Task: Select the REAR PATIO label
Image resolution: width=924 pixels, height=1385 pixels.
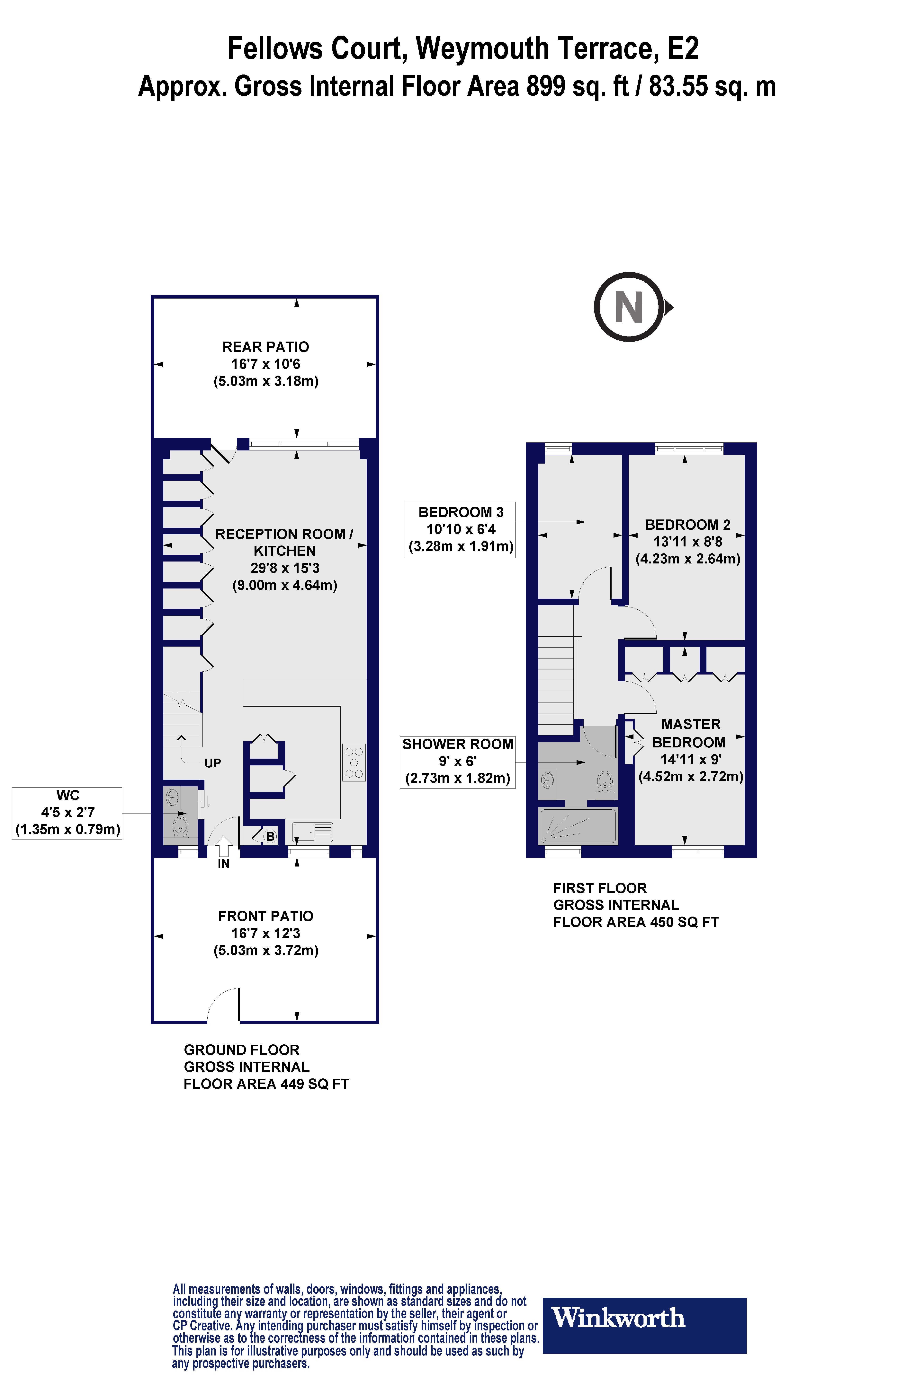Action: pyautogui.click(x=266, y=363)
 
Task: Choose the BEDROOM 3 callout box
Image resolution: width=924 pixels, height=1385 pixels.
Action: pyautogui.click(x=460, y=529)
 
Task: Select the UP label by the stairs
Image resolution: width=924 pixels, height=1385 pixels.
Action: pyautogui.click(x=213, y=763)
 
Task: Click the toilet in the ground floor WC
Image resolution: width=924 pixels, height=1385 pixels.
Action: pyautogui.click(x=180, y=826)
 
